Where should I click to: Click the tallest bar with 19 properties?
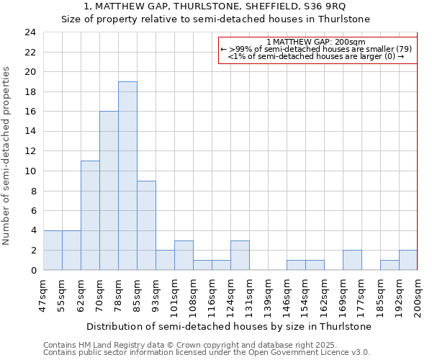click(x=127, y=176)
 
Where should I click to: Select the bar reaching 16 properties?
click(x=109, y=191)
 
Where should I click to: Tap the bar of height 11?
click(x=90, y=215)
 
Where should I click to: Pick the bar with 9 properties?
click(x=146, y=225)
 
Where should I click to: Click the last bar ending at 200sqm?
click(x=408, y=260)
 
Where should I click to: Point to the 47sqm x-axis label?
click(x=44, y=294)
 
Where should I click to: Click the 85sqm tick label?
click(x=138, y=294)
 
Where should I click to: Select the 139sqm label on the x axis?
click(x=268, y=294)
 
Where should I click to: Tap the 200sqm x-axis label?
click(x=418, y=294)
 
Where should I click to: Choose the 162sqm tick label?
click(x=325, y=294)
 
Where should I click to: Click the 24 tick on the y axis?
click(x=30, y=32)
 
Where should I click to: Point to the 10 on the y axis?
click(x=30, y=171)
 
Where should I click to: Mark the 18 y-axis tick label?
click(x=30, y=92)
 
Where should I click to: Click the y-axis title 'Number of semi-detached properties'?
click(x=7, y=156)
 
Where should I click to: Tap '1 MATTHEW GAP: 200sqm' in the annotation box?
click(x=316, y=42)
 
